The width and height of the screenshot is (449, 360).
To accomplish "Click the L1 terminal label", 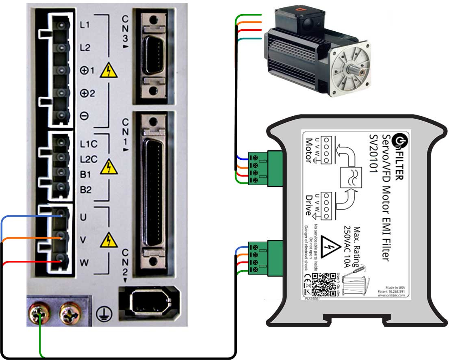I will [x=85, y=25].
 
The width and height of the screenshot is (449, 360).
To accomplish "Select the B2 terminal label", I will [x=86, y=189].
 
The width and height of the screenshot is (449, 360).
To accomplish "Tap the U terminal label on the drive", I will [x=83, y=217].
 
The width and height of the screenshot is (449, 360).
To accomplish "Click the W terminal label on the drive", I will [x=84, y=263].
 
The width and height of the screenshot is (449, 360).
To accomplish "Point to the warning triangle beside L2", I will [x=109, y=70].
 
